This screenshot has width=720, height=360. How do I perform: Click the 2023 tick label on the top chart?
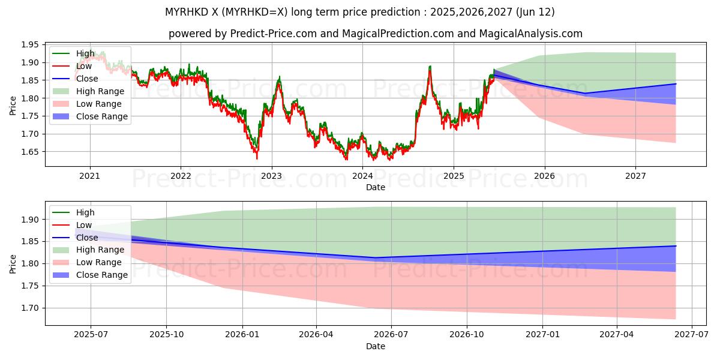coord(271,176)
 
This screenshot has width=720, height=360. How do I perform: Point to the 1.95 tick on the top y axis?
coord(29,45)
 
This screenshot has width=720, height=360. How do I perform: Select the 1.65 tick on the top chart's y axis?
coord(29,152)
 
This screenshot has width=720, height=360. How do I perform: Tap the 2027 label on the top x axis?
coord(635,176)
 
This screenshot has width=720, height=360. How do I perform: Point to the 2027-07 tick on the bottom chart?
coord(692,335)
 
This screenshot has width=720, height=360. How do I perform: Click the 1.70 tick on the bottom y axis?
coord(29,308)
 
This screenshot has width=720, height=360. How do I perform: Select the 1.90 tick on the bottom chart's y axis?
coord(29,220)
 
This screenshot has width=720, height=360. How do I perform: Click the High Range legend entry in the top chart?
coord(100,91)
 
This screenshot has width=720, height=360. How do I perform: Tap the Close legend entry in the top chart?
coord(87,79)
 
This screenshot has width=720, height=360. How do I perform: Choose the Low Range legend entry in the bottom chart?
coord(98,262)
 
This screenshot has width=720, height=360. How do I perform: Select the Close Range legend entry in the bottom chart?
coord(101,275)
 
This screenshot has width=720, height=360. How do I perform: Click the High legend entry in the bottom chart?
coord(85,212)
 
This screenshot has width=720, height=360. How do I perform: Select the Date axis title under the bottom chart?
coord(376,346)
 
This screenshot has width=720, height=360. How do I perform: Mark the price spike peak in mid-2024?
coord(430,66)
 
